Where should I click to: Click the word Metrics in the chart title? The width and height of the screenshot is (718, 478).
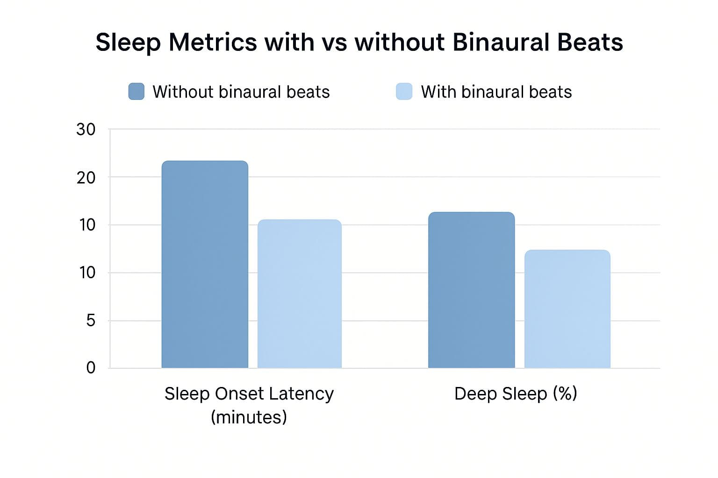click(x=212, y=42)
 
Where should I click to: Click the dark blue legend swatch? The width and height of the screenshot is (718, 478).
click(x=136, y=91)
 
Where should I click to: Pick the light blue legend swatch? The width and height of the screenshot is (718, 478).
click(x=404, y=91)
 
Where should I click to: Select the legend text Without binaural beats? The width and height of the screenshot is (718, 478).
click(x=241, y=92)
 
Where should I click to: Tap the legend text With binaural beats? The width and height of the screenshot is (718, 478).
click(x=496, y=92)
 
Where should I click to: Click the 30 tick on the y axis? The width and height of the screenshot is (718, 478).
click(x=86, y=130)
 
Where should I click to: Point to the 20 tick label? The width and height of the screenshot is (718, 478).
click(x=86, y=178)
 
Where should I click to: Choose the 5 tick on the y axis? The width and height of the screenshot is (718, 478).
click(x=91, y=321)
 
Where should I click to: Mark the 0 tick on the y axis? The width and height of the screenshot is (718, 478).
click(x=91, y=368)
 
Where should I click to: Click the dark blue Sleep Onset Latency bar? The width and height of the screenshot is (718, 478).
click(x=205, y=264)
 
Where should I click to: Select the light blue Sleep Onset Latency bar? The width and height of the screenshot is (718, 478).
click(x=299, y=294)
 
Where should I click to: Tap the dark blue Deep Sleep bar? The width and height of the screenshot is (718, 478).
click(x=471, y=290)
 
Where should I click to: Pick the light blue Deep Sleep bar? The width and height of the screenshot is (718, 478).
click(x=567, y=309)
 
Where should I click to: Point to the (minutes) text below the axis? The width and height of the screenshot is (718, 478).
click(x=249, y=417)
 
